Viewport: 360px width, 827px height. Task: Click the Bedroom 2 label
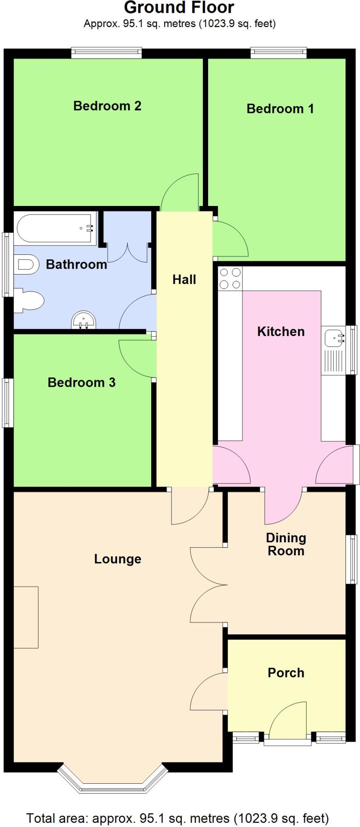[x=107, y=106]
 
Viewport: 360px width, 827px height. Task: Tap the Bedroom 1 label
[x=280, y=109]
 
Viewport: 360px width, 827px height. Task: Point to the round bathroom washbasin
[x=84, y=321]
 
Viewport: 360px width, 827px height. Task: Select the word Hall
[x=184, y=279]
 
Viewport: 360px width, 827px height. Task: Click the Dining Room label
[x=286, y=544]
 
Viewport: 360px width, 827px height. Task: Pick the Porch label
[x=286, y=673]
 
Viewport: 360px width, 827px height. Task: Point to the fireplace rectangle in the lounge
[x=26, y=617]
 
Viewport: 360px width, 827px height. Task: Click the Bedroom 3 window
[x=8, y=403]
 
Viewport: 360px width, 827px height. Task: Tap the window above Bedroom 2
[x=107, y=53]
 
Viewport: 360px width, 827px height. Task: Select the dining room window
[x=352, y=559]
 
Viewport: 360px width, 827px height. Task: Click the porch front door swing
[x=288, y=722]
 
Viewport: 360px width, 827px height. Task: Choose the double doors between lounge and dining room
[x=208, y=584]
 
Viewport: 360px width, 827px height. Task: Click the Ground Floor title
[x=179, y=8]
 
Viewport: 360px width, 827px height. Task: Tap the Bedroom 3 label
[x=82, y=382]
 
